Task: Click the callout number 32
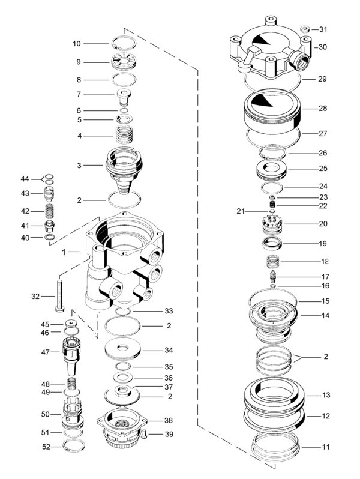pos(35,296)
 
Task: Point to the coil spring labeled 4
pos(124,136)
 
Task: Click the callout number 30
pos(322,47)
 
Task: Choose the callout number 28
pos(322,109)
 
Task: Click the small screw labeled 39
pos(144,433)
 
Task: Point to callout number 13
pos(326,395)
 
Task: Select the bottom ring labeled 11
pos(276,447)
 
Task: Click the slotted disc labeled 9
pos(125,61)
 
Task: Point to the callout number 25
pos(322,169)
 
